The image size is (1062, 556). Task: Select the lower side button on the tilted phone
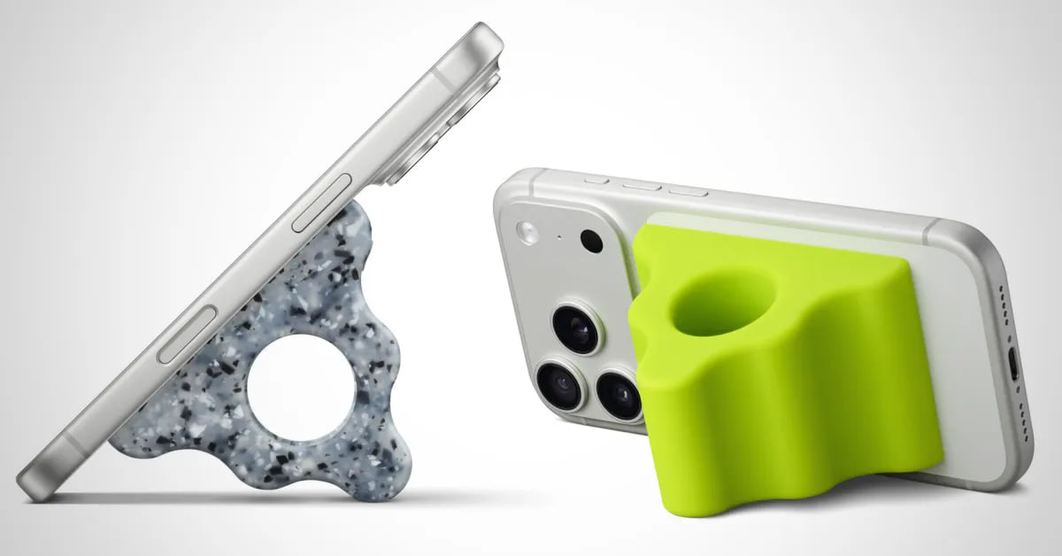click(x=185, y=335)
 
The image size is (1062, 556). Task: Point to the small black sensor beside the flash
click(x=591, y=240)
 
